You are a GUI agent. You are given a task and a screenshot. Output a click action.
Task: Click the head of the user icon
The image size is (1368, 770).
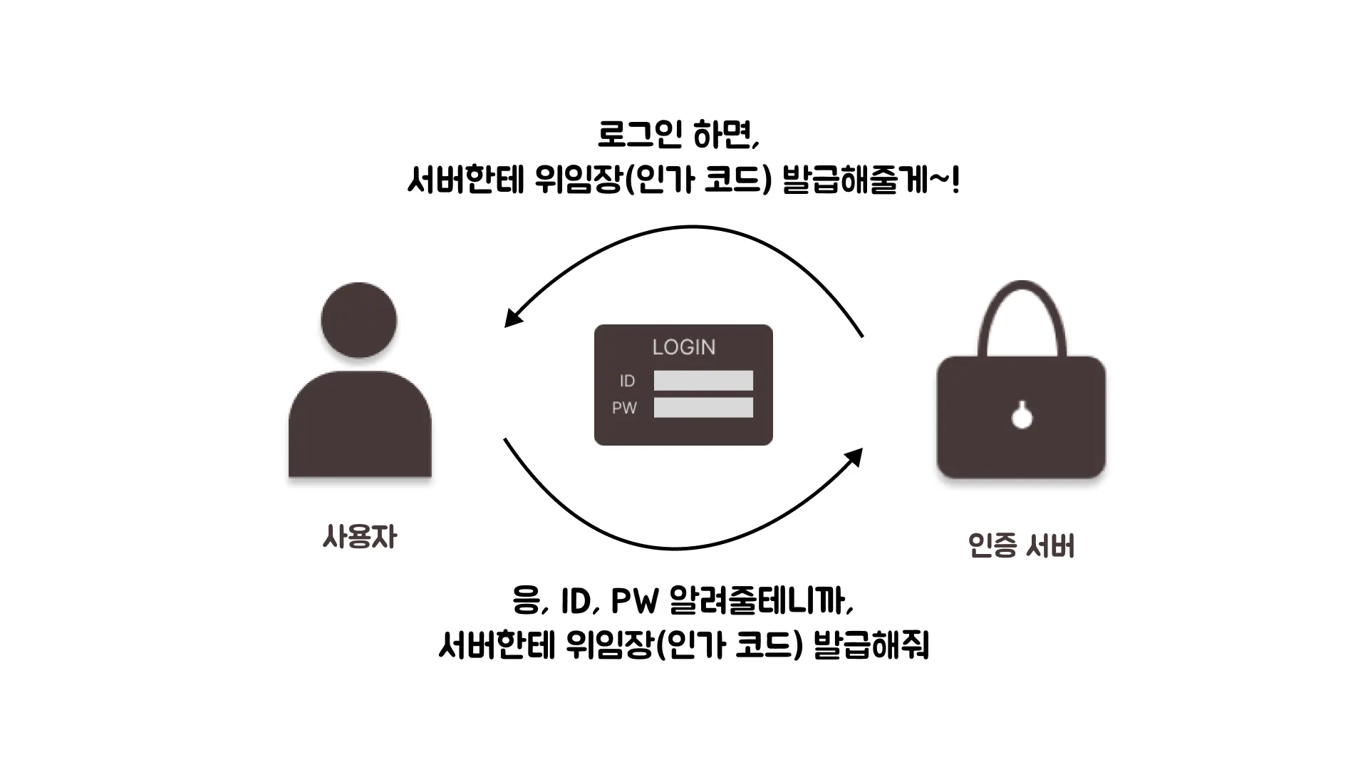pyautogui.click(x=358, y=320)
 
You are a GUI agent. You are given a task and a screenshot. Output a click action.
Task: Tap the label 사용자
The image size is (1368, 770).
pyautogui.click(x=359, y=537)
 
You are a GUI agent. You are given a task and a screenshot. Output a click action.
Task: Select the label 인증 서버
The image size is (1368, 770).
pyautogui.click(x=1021, y=546)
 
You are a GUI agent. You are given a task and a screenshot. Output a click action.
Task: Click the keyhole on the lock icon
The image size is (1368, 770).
pyautogui.click(x=1022, y=416)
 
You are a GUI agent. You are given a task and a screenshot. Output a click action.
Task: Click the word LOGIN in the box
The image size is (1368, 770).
pyautogui.click(x=683, y=347)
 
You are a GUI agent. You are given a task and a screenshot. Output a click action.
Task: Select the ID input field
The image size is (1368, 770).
pyautogui.click(x=703, y=381)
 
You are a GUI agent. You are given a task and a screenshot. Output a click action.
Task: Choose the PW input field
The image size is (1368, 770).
pyautogui.click(x=703, y=408)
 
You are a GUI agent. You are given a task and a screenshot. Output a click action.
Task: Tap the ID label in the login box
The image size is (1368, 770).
pyautogui.click(x=627, y=381)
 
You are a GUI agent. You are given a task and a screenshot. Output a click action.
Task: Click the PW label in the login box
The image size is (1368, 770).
pyautogui.click(x=624, y=408)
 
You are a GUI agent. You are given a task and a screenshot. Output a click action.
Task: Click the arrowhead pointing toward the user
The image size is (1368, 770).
pyautogui.click(x=512, y=318)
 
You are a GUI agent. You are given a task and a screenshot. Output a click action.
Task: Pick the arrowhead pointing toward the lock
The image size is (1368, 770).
pyautogui.click(x=854, y=456)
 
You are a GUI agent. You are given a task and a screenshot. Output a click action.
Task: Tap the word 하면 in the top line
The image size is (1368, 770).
pyautogui.click(x=727, y=134)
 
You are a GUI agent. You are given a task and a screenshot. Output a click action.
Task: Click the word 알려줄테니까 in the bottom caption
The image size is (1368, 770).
pyautogui.click(x=760, y=600)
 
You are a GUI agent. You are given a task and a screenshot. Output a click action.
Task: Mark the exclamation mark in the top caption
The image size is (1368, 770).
pyautogui.click(x=955, y=180)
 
